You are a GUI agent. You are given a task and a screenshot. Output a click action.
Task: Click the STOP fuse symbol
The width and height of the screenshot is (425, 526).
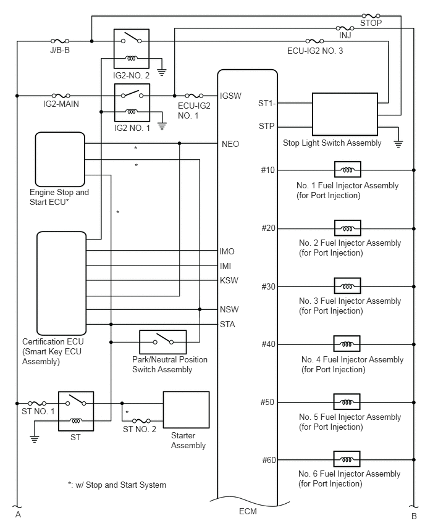pyautogui.click(x=371, y=15)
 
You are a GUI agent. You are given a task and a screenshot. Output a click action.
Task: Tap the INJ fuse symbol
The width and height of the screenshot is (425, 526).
pyautogui.click(x=345, y=28)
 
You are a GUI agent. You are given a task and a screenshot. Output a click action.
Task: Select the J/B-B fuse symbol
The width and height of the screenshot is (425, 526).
pyautogui.click(x=60, y=41)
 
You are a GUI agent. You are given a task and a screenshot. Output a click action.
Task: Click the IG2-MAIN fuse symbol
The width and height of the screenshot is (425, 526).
pyautogui.click(x=61, y=96)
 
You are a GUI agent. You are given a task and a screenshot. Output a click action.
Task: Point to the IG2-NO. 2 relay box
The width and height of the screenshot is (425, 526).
pyautogui.click(x=132, y=49)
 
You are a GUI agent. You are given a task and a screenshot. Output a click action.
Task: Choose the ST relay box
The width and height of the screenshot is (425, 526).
pyautogui.click(x=76, y=411)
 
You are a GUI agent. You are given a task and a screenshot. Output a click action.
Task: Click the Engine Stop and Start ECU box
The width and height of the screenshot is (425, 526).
pyautogui.click(x=60, y=159)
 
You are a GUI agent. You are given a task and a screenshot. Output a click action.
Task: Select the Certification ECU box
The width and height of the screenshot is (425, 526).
pyautogui.click(x=61, y=283)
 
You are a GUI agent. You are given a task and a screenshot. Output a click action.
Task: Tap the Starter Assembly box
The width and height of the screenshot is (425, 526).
pyautogui.click(x=187, y=409)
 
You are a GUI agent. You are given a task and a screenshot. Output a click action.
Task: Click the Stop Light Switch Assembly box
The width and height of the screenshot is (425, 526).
pyautogui.click(x=345, y=114)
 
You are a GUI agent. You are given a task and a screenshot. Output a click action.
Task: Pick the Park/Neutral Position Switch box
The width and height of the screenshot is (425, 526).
pyautogui.click(x=163, y=342)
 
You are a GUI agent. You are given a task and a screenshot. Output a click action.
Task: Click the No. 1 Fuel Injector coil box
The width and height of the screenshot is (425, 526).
pyautogui.click(x=348, y=170)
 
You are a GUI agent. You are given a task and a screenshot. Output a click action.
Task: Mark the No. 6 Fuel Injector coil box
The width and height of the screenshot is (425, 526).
pyautogui.click(x=347, y=459)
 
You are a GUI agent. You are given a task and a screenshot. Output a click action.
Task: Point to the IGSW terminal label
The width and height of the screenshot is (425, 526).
pyautogui.click(x=230, y=96)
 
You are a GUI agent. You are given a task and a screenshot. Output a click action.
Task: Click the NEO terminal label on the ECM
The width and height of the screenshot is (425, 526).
pyautogui.click(x=230, y=144)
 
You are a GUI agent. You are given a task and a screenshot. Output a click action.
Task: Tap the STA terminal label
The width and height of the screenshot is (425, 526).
pyautogui.click(x=227, y=324)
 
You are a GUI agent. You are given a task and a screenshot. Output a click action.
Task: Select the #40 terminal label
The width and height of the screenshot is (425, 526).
pyautogui.click(x=268, y=344)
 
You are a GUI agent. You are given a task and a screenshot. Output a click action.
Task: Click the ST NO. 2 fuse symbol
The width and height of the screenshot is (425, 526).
pyautogui.click(x=141, y=420)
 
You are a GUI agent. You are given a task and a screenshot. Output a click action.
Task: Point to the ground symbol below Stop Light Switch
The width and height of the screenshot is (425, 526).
pyautogui.click(x=398, y=144)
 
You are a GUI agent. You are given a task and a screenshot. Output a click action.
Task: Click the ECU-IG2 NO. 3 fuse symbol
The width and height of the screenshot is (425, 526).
pyautogui.click(x=315, y=41)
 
